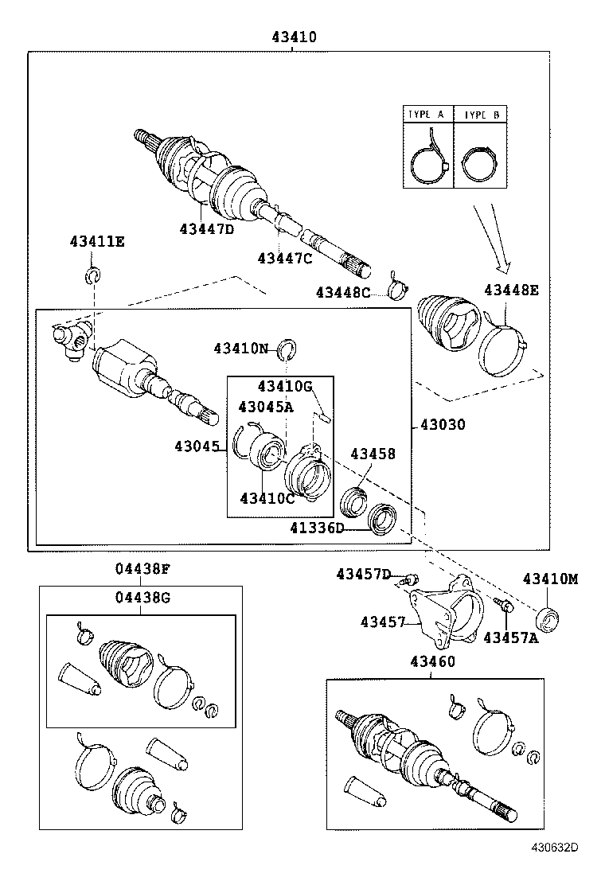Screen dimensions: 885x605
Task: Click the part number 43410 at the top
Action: [294, 37]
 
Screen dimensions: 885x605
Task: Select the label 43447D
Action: [207, 229]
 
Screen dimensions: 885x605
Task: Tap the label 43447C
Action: [284, 257]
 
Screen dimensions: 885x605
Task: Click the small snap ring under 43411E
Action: [93, 276]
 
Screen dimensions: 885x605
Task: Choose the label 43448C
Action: [343, 292]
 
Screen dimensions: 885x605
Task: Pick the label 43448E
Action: [511, 290]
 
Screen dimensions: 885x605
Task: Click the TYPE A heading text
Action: [427, 115]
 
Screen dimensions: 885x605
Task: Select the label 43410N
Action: [241, 348]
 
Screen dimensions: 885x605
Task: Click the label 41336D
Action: [317, 528]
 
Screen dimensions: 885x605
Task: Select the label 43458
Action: [373, 454]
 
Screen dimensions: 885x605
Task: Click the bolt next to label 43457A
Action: [504, 606]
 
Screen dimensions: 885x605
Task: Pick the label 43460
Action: [433, 662]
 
